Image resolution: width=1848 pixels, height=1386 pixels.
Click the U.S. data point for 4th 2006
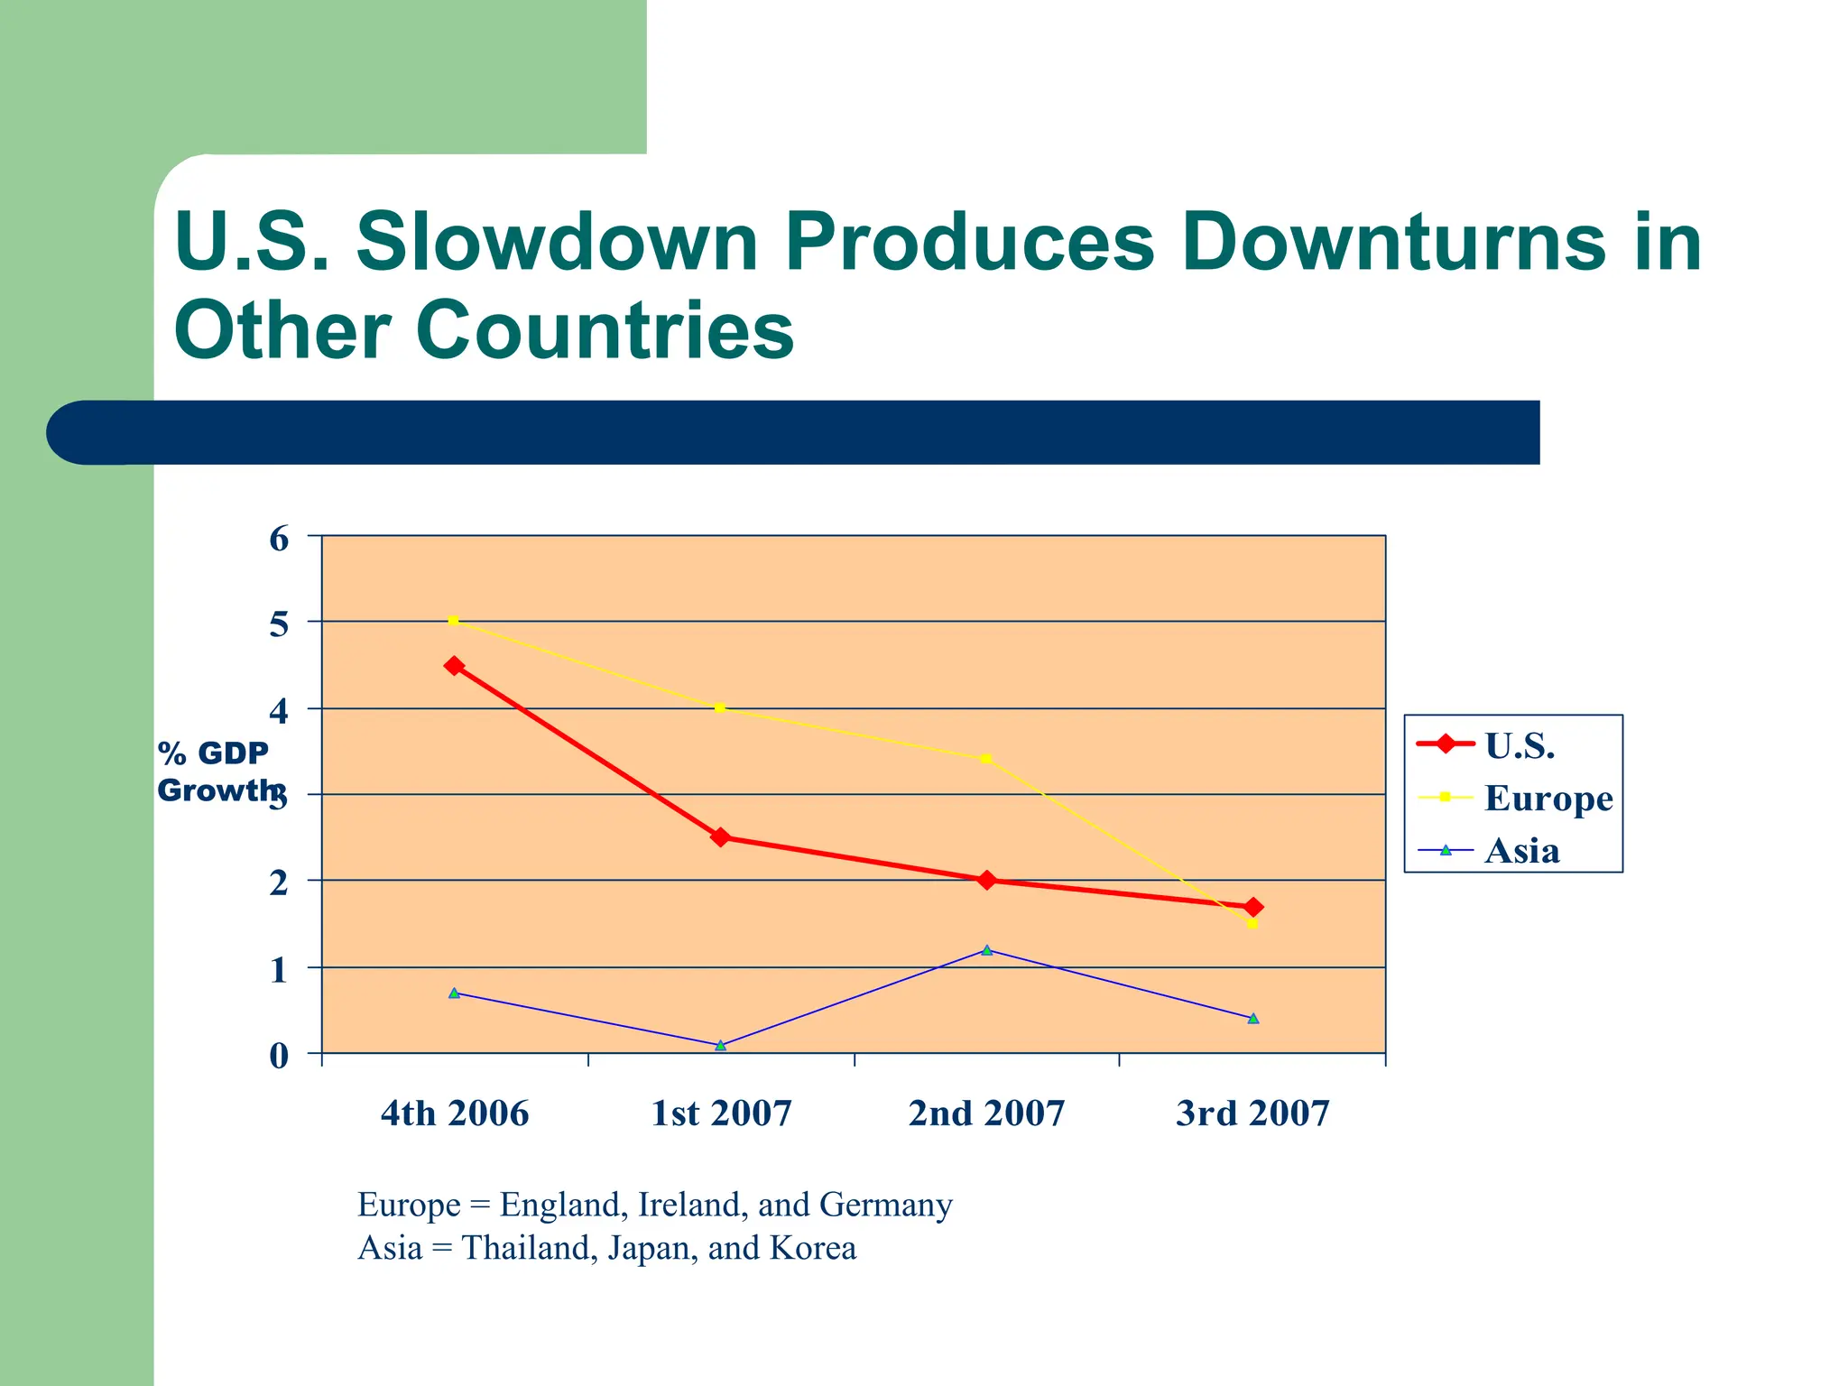coord(454,666)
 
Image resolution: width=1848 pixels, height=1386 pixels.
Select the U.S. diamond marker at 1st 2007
coord(720,837)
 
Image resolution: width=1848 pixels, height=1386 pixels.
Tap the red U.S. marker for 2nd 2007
coord(986,880)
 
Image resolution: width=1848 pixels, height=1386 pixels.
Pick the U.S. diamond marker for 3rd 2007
coord(1252,907)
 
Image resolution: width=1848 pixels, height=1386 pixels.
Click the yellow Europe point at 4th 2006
coord(453,621)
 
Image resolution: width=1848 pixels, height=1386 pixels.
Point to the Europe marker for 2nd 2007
coord(985,759)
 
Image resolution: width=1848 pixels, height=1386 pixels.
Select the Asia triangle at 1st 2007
coord(720,1045)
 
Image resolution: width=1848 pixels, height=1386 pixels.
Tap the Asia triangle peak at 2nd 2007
coord(986,950)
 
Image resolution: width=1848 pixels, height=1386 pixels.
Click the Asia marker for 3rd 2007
coord(1252,1018)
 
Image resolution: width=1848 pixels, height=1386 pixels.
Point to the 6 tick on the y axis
coord(279,540)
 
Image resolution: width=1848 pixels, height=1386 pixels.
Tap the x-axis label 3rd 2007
coord(1252,1113)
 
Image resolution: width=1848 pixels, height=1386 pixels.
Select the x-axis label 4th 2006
coord(454,1113)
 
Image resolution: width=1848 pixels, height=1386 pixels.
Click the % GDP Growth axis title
coord(215,772)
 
